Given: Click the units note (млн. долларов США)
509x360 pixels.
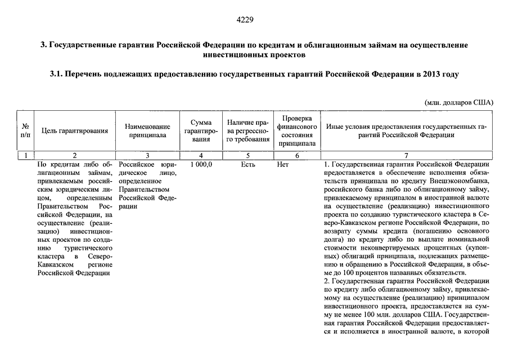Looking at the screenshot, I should pyautogui.click(x=459, y=102).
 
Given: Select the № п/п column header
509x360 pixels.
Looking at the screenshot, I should pyautogui.click(x=25, y=130).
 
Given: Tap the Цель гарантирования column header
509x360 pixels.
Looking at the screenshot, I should pyautogui.click(x=75, y=131).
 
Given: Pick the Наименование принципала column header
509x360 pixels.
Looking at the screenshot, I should pyautogui.click(x=147, y=131).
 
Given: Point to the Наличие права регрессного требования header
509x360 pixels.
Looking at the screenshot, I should pyautogui.click(x=248, y=130).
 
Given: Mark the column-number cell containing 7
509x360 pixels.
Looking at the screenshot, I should pyautogui.click(x=406, y=155).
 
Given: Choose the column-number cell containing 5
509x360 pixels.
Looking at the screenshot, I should pyautogui.click(x=248, y=155).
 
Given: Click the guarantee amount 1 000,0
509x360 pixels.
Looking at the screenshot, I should pyautogui.click(x=201, y=165).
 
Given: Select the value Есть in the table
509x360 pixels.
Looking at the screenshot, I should pyautogui.click(x=248, y=165).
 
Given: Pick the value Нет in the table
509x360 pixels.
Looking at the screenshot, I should pyautogui.click(x=283, y=165).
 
